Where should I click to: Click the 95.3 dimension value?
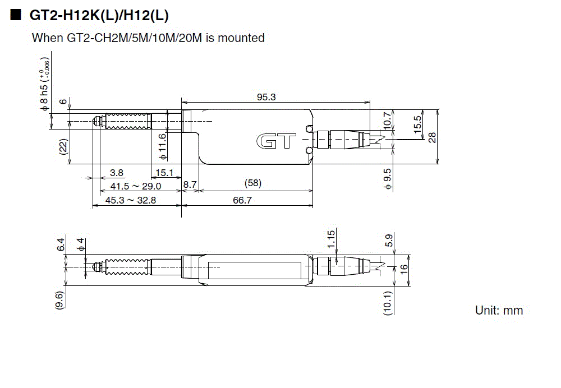(x=266, y=97)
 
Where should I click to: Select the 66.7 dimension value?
(x=242, y=200)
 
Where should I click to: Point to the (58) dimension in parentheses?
(x=253, y=183)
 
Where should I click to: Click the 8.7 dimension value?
(x=190, y=184)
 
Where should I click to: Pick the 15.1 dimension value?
(x=164, y=172)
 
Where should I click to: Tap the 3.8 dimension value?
(x=117, y=172)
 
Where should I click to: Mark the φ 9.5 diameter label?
(x=387, y=178)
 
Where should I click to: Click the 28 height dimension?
(x=432, y=137)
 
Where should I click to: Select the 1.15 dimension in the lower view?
(x=330, y=240)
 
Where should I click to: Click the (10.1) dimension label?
(x=387, y=302)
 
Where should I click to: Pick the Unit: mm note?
(x=499, y=310)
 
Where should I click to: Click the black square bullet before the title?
(x=15, y=16)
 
